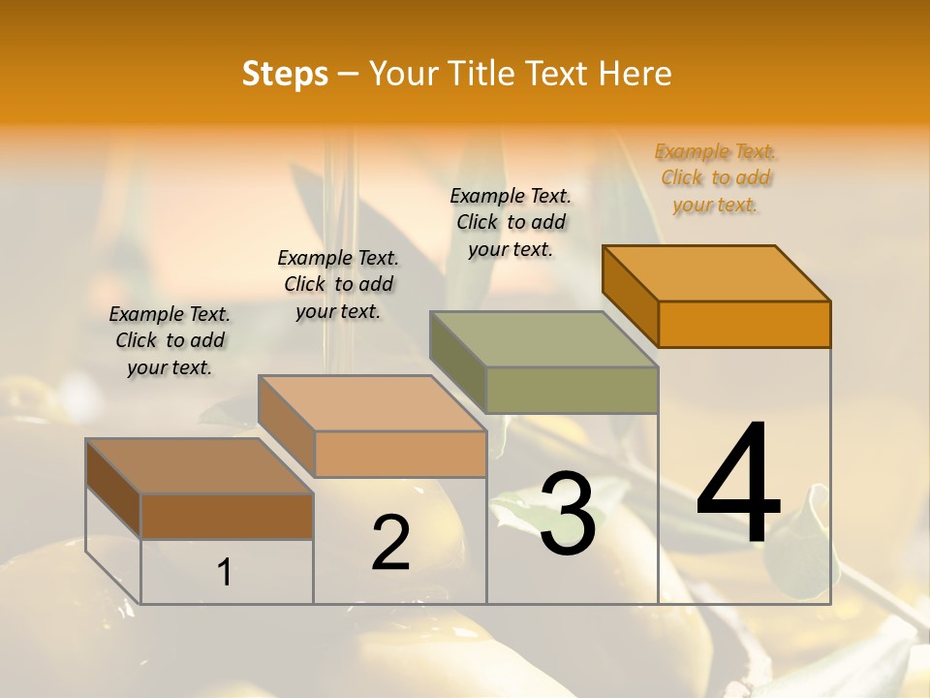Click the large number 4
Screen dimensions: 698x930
pos(738,485)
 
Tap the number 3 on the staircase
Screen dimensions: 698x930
pos(568,514)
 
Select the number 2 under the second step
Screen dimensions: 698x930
pos(391,543)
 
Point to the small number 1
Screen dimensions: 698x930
pos(225,572)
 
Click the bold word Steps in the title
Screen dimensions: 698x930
pos(285,74)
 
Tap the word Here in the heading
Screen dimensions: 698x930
pos(635,74)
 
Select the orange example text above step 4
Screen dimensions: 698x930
pos(716,178)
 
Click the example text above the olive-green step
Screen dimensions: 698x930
pos(511,223)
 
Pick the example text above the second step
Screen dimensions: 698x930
pos(338,284)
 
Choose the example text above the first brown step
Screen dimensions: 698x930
pos(170,340)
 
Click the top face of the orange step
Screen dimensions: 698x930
pos(716,272)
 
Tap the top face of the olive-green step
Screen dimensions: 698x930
pos(543,338)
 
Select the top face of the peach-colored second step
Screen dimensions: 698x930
pos(372,402)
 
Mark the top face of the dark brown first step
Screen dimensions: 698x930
pos(200,465)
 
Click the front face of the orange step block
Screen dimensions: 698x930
pos(744,324)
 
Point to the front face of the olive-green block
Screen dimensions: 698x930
pos(572,390)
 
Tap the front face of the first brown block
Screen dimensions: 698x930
pos(227,516)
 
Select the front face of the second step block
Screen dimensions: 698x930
pos(400,454)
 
